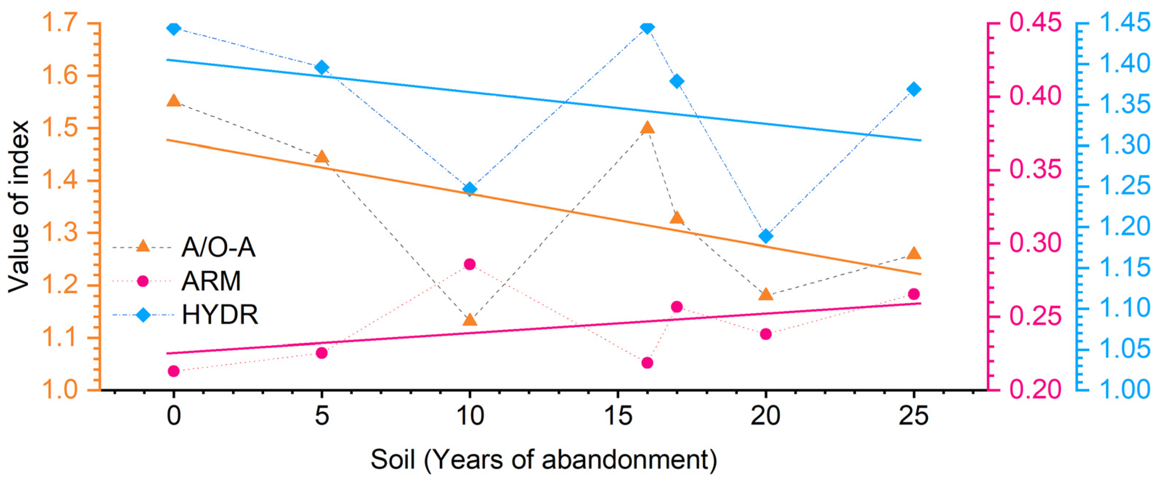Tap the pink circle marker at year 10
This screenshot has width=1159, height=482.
click(x=470, y=264)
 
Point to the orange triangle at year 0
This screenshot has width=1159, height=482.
click(x=174, y=101)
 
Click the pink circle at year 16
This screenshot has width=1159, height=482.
click(x=647, y=363)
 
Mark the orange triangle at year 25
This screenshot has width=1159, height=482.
click(x=914, y=253)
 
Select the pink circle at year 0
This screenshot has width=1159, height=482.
click(x=174, y=371)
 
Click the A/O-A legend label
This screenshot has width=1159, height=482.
click(x=218, y=248)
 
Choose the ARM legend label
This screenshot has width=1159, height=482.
click(x=211, y=281)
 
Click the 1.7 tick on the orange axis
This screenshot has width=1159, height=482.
click(x=59, y=23)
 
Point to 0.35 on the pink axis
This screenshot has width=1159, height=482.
click(x=1035, y=170)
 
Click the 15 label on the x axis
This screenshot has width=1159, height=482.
click(x=617, y=416)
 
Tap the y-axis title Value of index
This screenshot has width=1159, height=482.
click(x=19, y=206)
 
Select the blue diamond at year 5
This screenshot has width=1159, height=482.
click(x=322, y=68)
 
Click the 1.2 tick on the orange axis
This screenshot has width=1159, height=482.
click(x=59, y=285)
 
